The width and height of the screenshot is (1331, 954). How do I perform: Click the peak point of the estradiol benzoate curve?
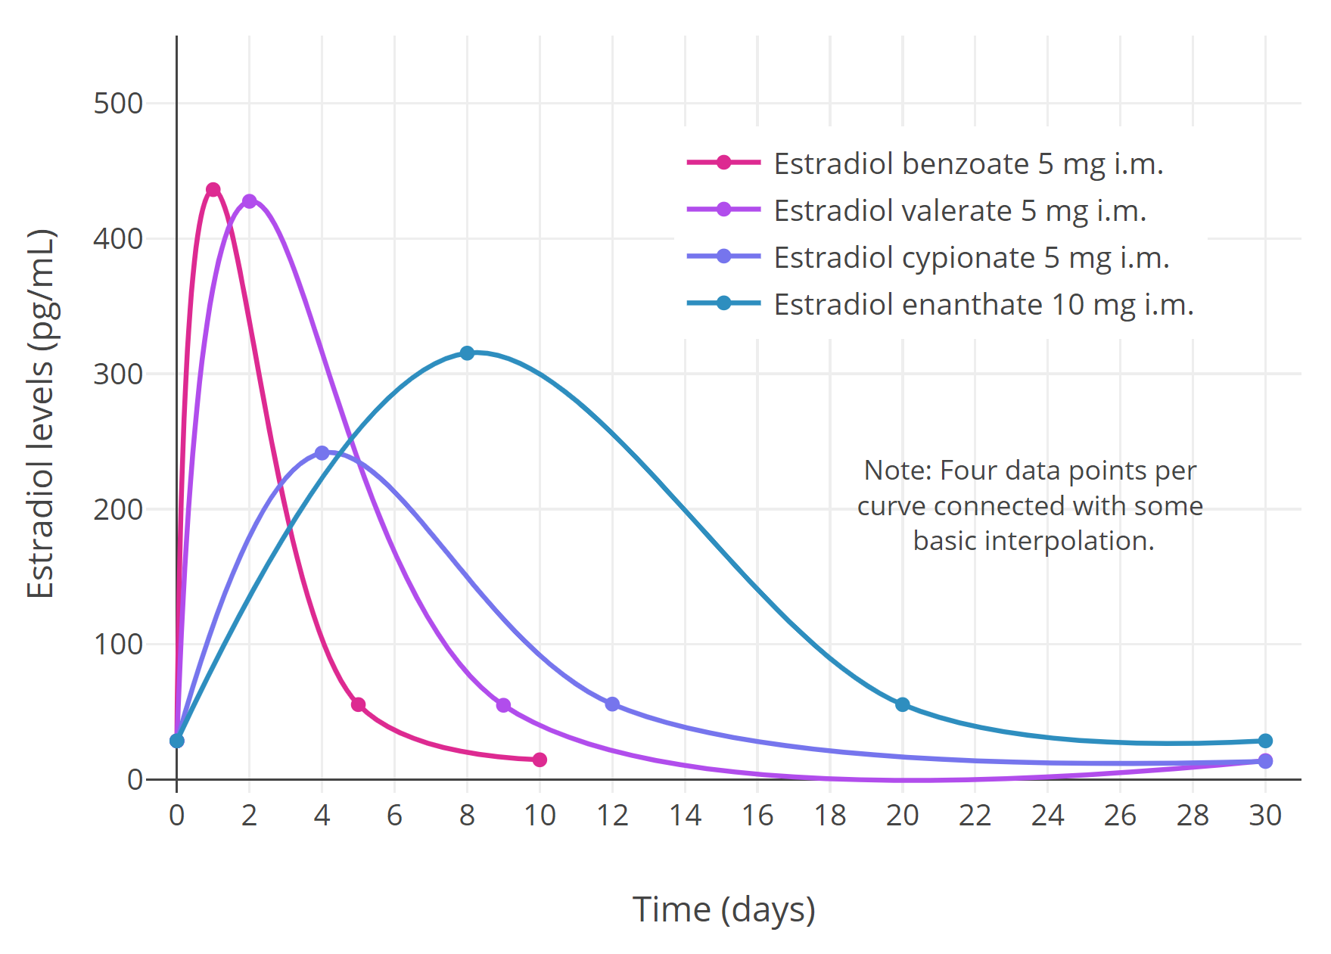click(213, 190)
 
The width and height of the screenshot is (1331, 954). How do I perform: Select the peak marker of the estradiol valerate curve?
click(250, 201)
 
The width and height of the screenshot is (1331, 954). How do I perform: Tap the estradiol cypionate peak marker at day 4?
click(322, 453)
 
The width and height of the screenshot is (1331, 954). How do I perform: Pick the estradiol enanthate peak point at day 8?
click(467, 353)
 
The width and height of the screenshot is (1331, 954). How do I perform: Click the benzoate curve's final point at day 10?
click(540, 760)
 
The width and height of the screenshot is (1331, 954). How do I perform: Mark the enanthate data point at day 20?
click(902, 704)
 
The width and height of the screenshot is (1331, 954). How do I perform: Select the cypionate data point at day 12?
click(612, 704)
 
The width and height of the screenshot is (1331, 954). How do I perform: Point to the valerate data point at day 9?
click(503, 705)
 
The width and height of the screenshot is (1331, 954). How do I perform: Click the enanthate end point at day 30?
click(1265, 741)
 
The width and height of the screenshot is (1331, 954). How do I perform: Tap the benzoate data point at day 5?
click(359, 704)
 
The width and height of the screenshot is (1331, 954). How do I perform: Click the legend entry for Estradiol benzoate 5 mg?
click(968, 163)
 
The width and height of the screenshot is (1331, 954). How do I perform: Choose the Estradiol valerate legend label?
click(959, 210)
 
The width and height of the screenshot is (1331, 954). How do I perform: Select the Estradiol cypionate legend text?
click(971, 257)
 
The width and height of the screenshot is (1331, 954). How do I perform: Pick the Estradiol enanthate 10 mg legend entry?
click(983, 304)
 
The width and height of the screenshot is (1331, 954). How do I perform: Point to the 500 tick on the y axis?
click(118, 104)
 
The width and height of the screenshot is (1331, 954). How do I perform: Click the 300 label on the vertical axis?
click(118, 374)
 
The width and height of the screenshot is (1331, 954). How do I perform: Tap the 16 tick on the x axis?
click(757, 816)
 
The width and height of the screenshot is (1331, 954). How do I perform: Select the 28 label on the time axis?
click(1193, 816)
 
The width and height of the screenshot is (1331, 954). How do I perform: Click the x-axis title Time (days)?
click(723, 909)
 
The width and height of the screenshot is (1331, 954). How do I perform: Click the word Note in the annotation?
click(897, 471)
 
